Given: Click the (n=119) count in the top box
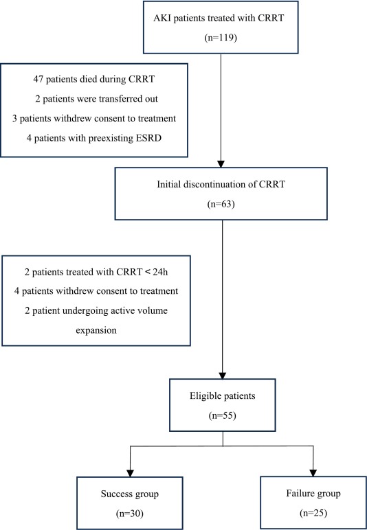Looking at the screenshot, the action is tap(221, 38).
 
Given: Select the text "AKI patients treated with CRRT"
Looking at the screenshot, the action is tap(221, 19).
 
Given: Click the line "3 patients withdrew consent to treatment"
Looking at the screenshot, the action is tap(94, 119).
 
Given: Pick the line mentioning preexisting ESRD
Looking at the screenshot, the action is tap(93, 138).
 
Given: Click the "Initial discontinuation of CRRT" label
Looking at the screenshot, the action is tap(221, 185).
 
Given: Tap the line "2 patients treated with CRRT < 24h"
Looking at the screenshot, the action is tap(96, 272).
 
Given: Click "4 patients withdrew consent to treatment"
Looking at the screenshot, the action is tap(96, 291).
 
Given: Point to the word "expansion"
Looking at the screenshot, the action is tap(96, 330).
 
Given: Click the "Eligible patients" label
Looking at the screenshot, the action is tap(222, 396).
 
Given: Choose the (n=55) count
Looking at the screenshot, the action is tap(222, 415).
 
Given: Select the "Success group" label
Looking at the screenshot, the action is tap(129, 494).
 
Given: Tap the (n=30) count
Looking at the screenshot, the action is tap(129, 514).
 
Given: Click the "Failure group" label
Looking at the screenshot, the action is tap(313, 494).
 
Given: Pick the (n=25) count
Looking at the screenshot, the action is tap(313, 513).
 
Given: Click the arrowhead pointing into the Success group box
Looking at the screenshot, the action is tap(130, 473).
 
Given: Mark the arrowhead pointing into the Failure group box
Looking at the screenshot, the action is tap(313, 472).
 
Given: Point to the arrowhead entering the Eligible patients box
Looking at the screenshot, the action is tap(223, 375).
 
